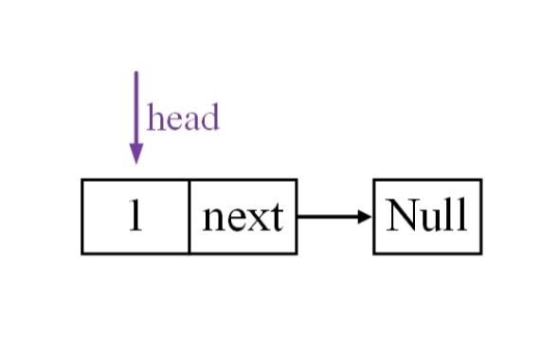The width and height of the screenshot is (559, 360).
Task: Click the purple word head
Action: point(183,117)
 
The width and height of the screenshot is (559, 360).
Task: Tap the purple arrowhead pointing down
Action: point(136,153)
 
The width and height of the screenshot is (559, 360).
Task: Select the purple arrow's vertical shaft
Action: point(136,108)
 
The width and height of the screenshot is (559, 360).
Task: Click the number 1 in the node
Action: point(135,215)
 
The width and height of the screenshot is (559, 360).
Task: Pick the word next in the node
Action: point(243,217)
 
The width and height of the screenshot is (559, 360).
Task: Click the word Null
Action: point(426,214)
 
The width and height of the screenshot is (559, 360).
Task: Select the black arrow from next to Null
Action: point(334,216)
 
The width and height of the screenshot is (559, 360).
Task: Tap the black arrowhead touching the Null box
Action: point(365,216)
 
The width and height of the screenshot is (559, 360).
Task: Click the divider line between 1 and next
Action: point(189,216)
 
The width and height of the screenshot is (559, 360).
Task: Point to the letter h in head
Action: point(154,117)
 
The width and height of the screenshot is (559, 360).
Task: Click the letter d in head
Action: point(210,117)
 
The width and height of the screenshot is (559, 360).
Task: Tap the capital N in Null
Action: point(402,214)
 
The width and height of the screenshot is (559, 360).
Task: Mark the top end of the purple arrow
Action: point(136,72)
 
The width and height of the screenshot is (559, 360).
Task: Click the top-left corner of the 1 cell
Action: point(82,180)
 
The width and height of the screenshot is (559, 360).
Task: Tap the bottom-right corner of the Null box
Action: point(481,254)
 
